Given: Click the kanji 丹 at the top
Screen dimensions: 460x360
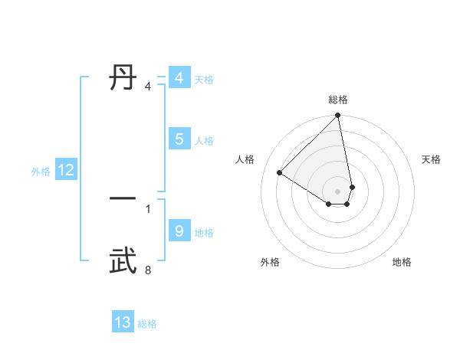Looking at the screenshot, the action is coord(123,77).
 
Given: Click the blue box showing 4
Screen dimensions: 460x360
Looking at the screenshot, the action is coord(179,78).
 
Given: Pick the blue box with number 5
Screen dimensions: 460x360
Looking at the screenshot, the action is coord(179,139).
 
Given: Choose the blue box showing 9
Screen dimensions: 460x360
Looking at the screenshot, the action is coord(179,231).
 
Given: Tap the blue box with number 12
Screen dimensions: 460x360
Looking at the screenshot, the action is coord(65,170).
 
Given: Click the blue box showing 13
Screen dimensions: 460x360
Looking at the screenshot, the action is coord(123,322).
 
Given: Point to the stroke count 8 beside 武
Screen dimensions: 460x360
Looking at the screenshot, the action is coord(147,270).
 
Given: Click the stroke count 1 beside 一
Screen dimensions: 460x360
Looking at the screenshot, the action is coord(147,208).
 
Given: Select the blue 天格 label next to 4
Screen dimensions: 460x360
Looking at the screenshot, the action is coord(204,80).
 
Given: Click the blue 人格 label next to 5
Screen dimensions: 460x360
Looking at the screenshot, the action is coord(204,141).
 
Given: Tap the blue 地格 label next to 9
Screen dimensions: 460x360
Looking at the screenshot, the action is coord(204,233).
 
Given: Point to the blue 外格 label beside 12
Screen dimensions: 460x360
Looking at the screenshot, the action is coord(41,172).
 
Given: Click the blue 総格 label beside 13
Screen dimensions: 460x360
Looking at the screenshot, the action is coord(147,324).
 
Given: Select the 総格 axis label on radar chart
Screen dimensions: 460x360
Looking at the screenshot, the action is coord(338,100).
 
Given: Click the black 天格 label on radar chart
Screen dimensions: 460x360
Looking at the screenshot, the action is coord(431,159).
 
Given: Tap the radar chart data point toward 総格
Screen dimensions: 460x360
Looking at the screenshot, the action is coord(338,116).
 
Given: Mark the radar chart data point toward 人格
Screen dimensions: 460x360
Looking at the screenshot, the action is coord(280,172).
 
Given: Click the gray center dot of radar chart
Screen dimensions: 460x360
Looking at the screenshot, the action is coord(338,191).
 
